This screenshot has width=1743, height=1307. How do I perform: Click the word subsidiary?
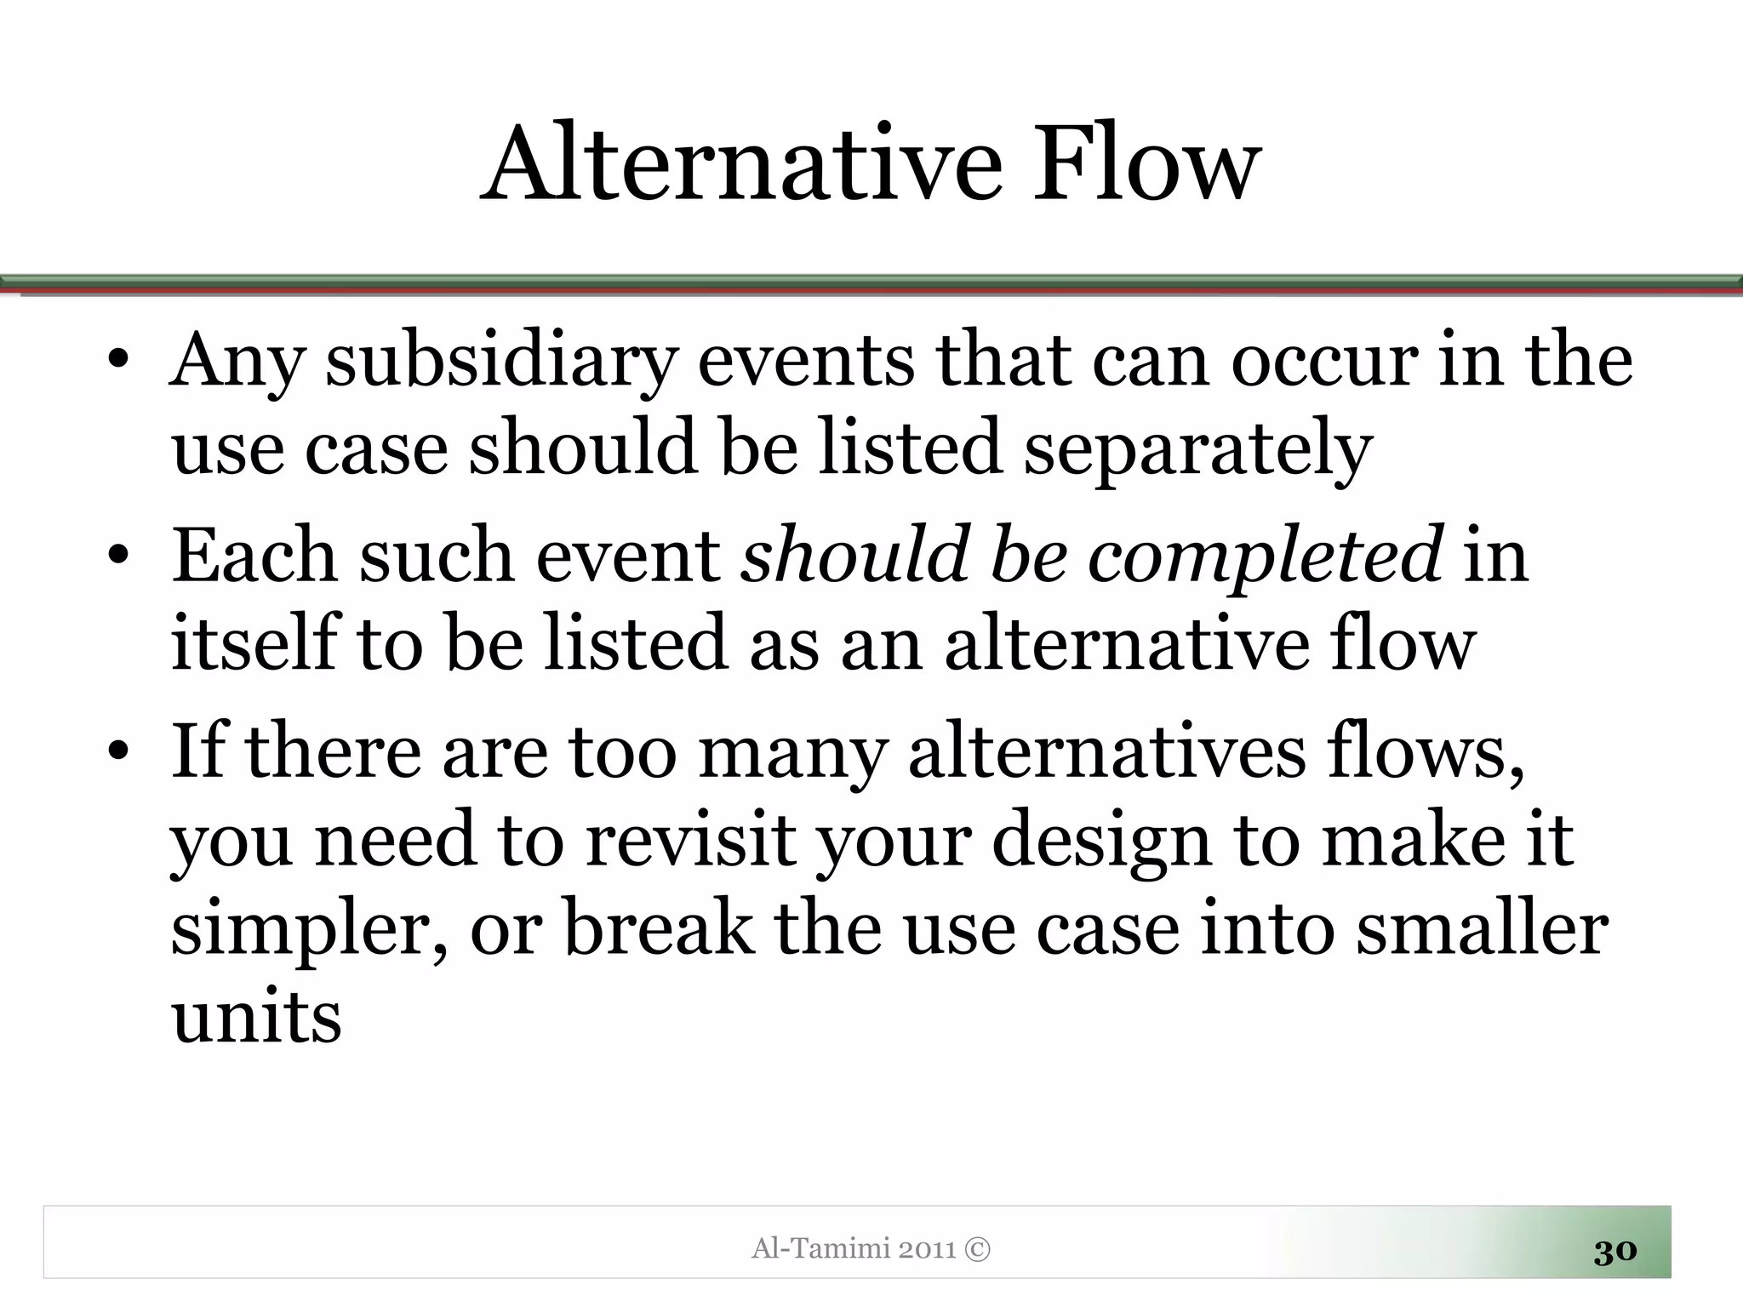[x=502, y=362]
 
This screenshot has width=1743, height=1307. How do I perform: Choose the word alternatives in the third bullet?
[x=1106, y=753]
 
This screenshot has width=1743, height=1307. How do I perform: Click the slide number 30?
[x=1614, y=1251]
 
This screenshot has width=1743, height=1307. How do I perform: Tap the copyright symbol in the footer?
[x=979, y=1249]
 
